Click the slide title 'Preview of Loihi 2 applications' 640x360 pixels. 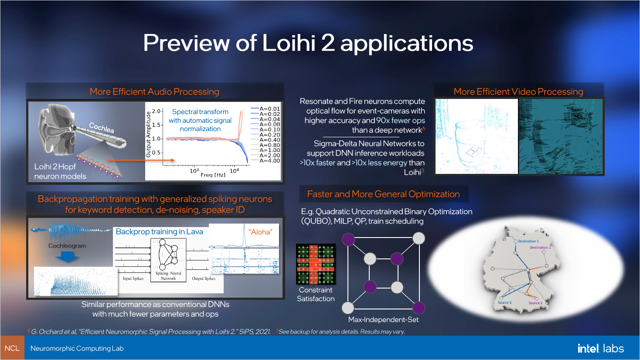tap(308, 43)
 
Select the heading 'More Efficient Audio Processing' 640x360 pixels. tap(154, 92)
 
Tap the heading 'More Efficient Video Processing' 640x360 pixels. tap(518, 92)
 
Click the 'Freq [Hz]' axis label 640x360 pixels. tap(213, 175)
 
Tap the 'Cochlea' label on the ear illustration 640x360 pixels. tap(102, 128)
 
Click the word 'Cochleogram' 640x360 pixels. tap(67, 246)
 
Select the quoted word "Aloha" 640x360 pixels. tap(260, 232)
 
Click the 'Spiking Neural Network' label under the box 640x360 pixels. tap(168, 276)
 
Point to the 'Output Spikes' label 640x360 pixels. tap(204, 278)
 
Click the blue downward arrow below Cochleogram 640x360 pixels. tap(67, 257)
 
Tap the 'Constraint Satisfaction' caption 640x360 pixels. tap(316, 294)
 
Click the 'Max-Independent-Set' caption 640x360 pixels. tap(383, 319)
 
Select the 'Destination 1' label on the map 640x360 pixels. tap(528, 241)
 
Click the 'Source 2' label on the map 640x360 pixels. tap(535, 303)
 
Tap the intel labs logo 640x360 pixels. tap(600, 348)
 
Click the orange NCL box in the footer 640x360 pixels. tap(12, 348)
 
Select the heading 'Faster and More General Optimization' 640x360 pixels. tap(383, 194)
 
